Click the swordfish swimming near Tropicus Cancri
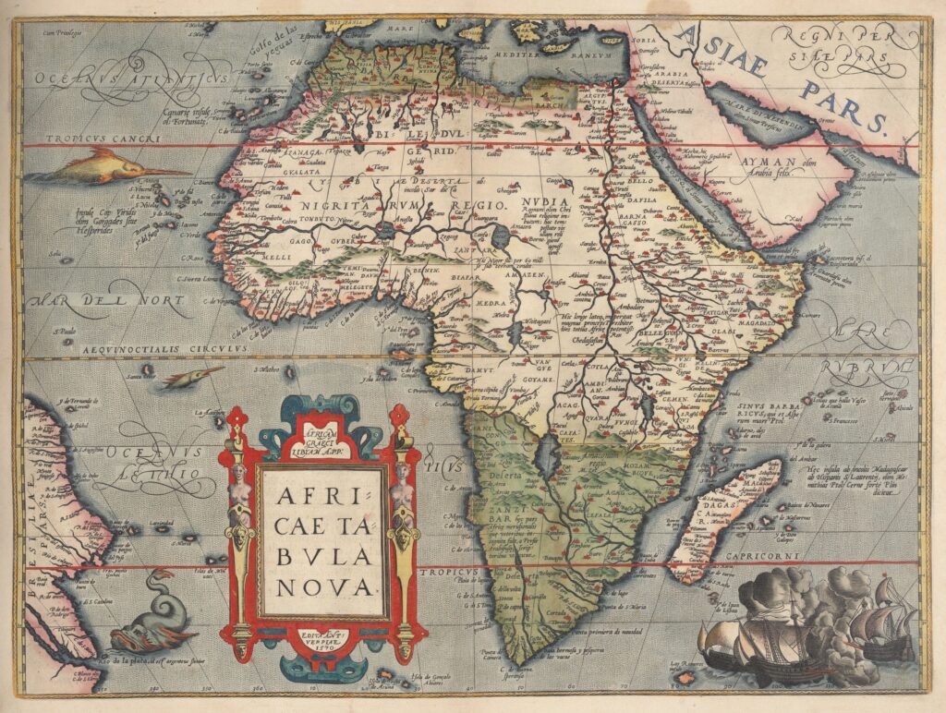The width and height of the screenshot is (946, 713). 102,168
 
